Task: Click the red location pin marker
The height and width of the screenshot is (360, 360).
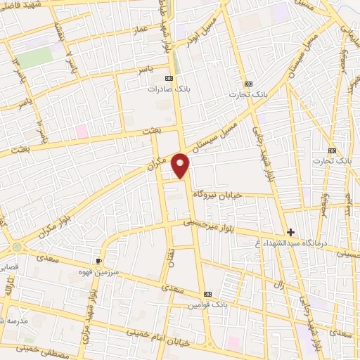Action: click(x=181, y=165)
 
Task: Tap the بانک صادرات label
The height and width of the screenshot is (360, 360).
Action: click(x=169, y=89)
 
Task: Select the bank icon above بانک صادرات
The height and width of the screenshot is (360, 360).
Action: click(x=169, y=79)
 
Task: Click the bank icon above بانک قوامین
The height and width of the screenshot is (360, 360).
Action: click(x=207, y=294)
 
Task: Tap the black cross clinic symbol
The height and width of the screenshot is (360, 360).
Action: click(x=290, y=232)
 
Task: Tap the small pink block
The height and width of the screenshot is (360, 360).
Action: click(x=82, y=131)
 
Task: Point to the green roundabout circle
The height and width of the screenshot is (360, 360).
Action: click(x=16, y=247)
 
